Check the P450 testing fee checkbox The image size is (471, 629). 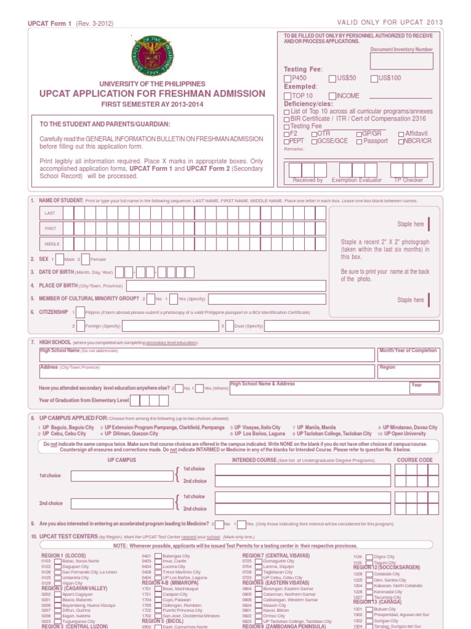click(287, 79)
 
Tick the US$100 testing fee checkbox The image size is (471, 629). click(373, 79)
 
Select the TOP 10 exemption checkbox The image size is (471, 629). click(287, 96)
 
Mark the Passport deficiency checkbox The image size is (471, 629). click(358, 141)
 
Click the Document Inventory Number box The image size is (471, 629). click(401, 61)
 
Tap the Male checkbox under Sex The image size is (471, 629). click(59, 259)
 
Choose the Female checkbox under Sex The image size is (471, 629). click(85, 259)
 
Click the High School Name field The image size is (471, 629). click(207, 355)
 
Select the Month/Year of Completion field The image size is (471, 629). click(408, 355)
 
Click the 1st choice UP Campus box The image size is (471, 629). click(121, 476)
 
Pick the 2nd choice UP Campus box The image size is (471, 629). click(121, 503)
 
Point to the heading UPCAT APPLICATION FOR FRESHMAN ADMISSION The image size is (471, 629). click(153, 94)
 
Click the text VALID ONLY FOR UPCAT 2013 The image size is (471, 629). click(390, 22)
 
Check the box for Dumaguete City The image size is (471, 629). click(258, 561)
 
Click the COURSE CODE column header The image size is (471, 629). click(415, 459)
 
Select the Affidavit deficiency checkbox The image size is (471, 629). click(401, 134)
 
